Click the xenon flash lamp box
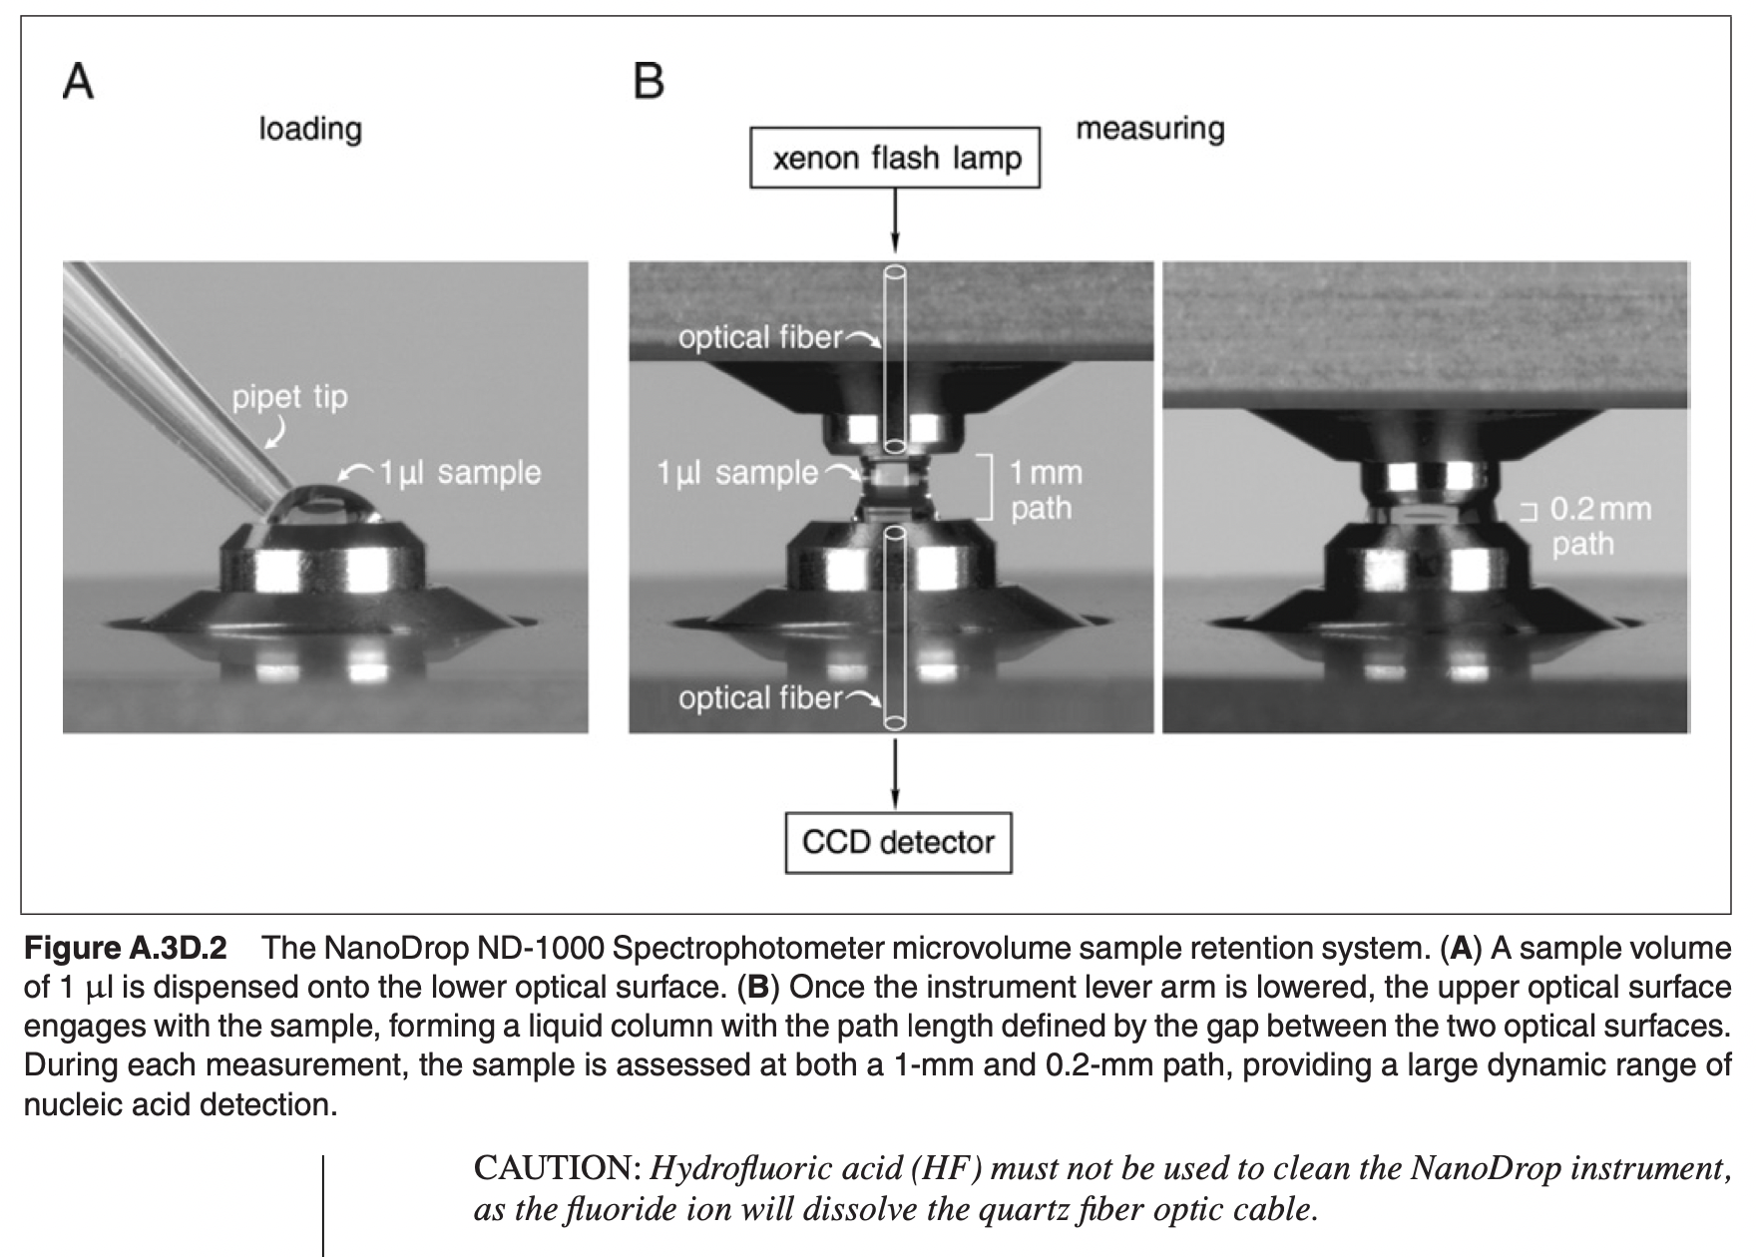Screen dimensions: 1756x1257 tap(895, 158)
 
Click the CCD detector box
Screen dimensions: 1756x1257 tap(898, 843)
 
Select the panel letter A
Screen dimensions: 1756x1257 tap(79, 82)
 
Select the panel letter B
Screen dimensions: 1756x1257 tap(649, 82)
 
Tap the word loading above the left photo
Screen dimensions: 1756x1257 tap(310, 130)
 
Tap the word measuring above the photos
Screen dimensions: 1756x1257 tap(1150, 130)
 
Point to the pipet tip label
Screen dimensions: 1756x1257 tap(290, 397)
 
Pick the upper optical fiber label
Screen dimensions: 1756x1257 tap(760, 338)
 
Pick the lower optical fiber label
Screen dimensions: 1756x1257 tap(760, 698)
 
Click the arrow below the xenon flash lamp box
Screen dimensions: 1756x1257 tap(895, 219)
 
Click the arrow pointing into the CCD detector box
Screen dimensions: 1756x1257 tap(895, 773)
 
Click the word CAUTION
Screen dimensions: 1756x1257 tap(559, 1167)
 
